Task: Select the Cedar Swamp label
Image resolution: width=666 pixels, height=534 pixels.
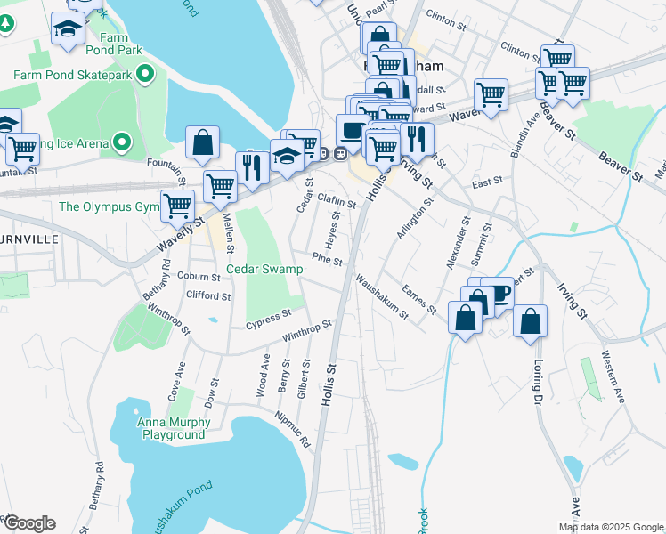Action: [x=264, y=269]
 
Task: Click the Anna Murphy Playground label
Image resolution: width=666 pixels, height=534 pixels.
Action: [x=172, y=428]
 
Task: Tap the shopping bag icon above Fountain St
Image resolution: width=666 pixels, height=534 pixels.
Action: [x=203, y=143]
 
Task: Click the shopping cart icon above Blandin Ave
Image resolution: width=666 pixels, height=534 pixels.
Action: [x=491, y=94]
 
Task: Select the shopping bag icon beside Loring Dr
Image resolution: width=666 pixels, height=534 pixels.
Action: [x=530, y=321]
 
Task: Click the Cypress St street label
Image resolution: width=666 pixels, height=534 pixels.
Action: [x=270, y=318]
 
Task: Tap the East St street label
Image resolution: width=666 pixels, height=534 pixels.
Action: [x=487, y=182]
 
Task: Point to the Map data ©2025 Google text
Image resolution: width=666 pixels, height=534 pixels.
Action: [x=611, y=527]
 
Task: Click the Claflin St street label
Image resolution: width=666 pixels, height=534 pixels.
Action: [x=337, y=203]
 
